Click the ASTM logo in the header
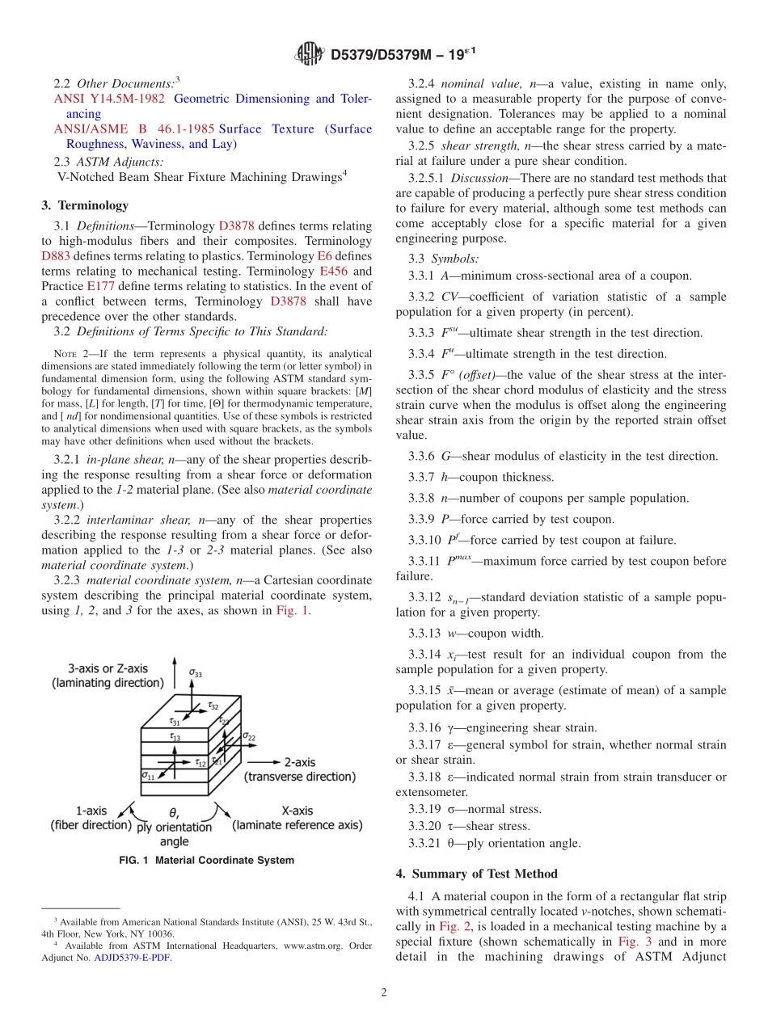pyautogui.click(x=310, y=55)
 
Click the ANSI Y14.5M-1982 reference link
pyautogui.click(x=108, y=99)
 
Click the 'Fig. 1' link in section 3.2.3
pyautogui.click(x=293, y=610)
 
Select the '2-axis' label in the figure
pyautogui.click(x=299, y=761)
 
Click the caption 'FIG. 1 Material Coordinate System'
pyautogui.click(x=206, y=861)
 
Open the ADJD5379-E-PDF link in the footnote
pyautogui.click(x=133, y=958)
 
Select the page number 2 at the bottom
pyautogui.click(x=384, y=992)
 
